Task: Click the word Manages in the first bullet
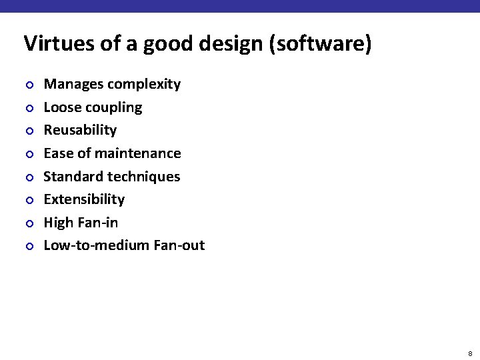73,84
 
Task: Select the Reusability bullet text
80,130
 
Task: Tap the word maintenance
138,153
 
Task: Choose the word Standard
72,177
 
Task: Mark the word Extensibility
84,199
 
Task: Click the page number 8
470,353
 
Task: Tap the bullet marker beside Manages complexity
29,85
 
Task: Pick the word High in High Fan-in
58,223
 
